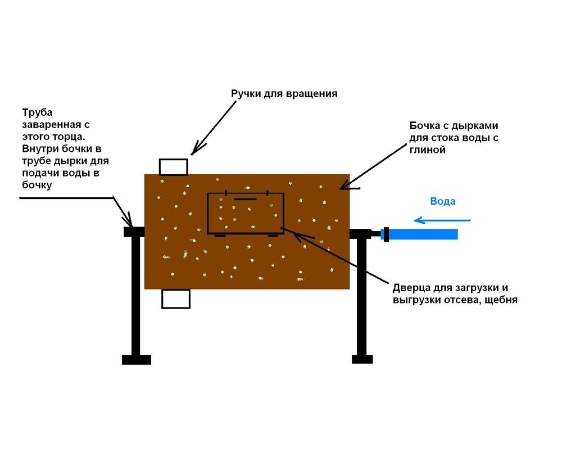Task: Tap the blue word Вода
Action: (443, 201)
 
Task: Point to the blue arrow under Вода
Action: (442, 220)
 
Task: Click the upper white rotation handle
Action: (174, 167)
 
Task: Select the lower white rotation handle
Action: (175, 298)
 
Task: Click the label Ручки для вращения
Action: (284, 94)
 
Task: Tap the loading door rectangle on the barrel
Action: (246, 213)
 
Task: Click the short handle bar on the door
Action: (245, 199)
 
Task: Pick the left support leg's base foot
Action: (136, 360)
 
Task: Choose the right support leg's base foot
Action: (362, 359)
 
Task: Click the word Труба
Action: (37, 112)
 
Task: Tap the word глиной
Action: (428, 150)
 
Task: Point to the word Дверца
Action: (411, 288)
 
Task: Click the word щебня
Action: (501, 300)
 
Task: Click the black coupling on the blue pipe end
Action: (386, 234)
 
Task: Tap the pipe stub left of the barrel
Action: (134, 232)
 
